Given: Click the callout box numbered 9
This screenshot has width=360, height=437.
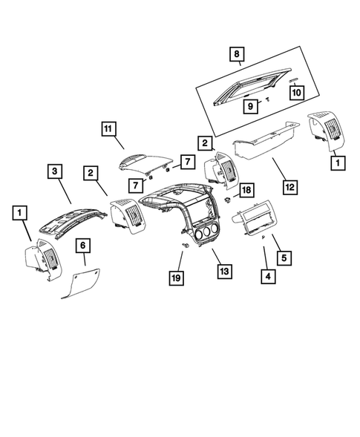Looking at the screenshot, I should point(250,106).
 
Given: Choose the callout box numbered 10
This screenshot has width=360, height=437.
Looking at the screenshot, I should point(295,93).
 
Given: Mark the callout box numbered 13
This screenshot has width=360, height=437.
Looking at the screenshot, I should point(223,272).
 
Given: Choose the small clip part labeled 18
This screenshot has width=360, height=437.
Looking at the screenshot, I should point(229,201).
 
